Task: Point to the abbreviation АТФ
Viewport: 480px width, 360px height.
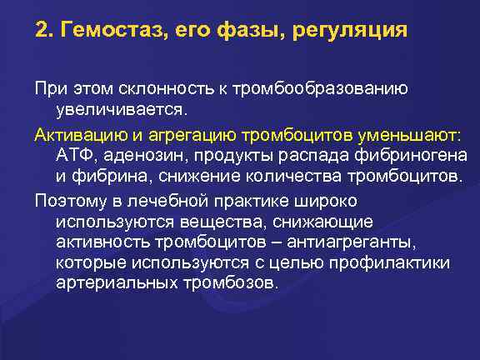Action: point(74,156)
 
